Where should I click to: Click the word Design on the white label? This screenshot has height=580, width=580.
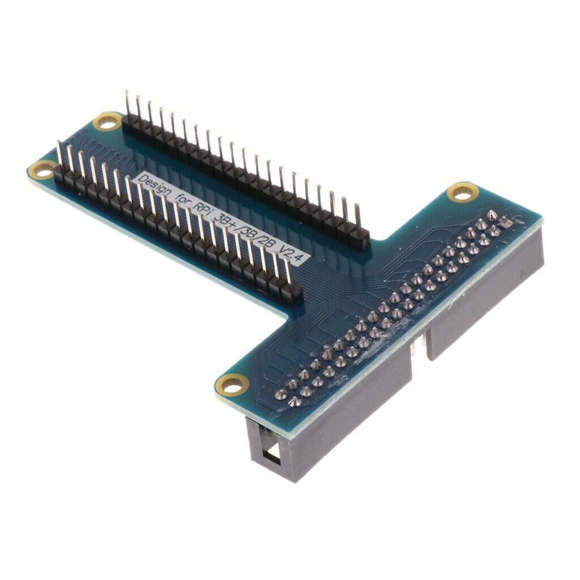click(x=157, y=188)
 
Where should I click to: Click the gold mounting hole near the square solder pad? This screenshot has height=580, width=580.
click(x=462, y=192)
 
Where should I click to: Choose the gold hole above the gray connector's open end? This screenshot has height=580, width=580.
click(x=233, y=384)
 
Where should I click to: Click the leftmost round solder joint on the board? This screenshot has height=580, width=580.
click(x=280, y=396)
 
